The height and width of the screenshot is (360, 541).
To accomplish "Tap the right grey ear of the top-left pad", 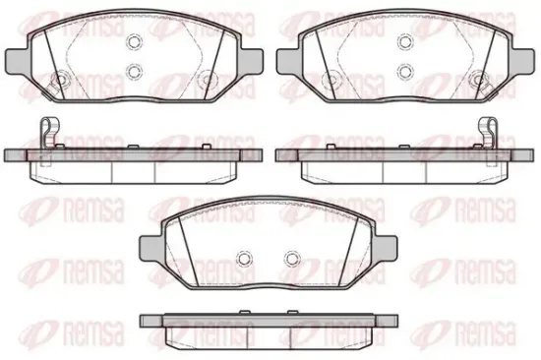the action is click(251, 60).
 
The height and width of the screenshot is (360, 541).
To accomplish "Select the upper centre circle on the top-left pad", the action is click(135, 41).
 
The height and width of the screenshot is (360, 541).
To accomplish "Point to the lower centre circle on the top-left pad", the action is click(135, 71).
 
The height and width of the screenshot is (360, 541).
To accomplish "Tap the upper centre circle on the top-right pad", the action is click(405, 41).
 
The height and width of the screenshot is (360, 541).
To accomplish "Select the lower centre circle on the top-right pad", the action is click(405, 71).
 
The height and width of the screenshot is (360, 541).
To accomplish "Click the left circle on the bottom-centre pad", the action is click(244, 258).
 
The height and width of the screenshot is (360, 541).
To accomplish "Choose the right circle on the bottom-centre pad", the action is click(292, 258).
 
